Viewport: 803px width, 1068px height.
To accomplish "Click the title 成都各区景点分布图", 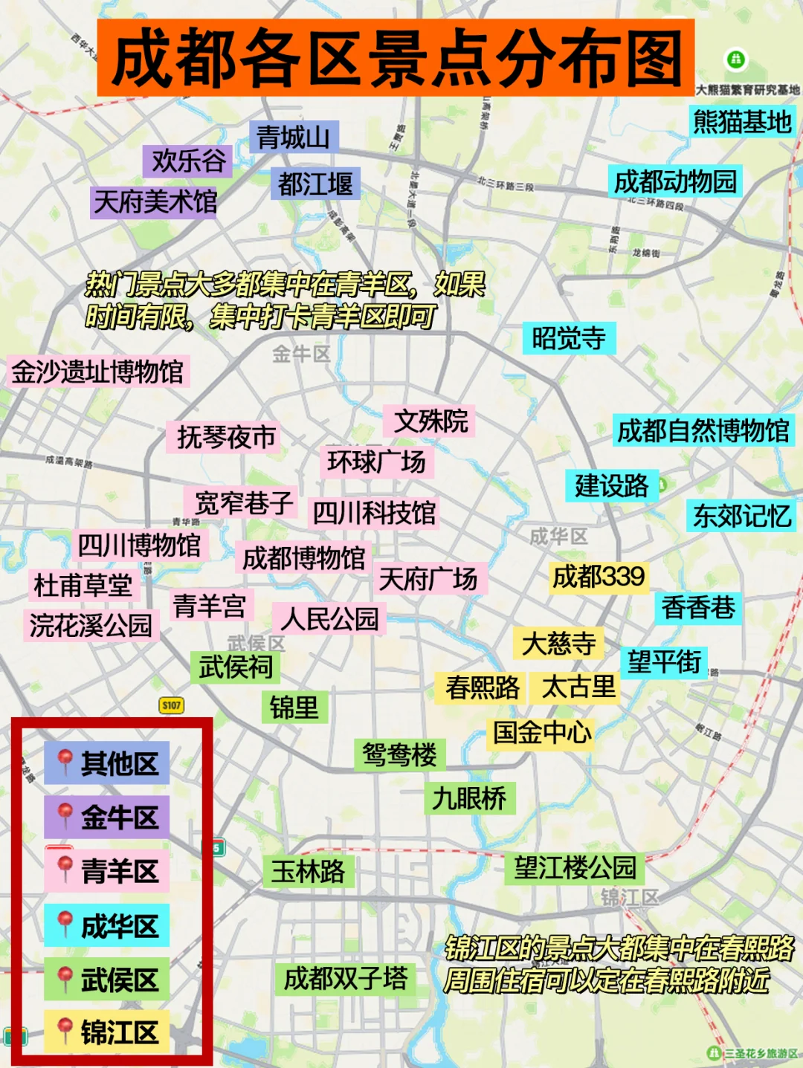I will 396,58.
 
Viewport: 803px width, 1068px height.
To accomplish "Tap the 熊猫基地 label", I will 742,121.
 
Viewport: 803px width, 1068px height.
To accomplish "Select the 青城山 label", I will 293,137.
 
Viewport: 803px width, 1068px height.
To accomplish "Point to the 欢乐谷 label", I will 188,161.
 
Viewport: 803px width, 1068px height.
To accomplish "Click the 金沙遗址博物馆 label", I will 97,372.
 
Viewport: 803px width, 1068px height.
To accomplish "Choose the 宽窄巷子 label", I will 243,503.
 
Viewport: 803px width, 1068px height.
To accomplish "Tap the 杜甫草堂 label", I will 83,586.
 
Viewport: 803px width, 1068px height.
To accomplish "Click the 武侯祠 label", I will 236,667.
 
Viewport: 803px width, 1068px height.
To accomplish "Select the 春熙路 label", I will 482,687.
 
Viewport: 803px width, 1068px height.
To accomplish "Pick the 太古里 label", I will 578,687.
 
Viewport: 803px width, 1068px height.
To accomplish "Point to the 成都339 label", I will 599,577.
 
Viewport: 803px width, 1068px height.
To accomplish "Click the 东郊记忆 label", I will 741,516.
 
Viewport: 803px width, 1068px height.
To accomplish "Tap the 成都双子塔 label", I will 345,979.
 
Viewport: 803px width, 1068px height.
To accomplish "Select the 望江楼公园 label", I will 575,867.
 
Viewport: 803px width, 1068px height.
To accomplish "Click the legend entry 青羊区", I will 119,871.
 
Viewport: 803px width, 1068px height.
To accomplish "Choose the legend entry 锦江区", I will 119,1032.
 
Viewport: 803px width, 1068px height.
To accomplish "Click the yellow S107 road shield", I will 172,705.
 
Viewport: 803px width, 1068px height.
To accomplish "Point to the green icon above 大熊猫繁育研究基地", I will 735,59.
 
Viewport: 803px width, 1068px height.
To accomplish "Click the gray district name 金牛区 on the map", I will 301,354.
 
